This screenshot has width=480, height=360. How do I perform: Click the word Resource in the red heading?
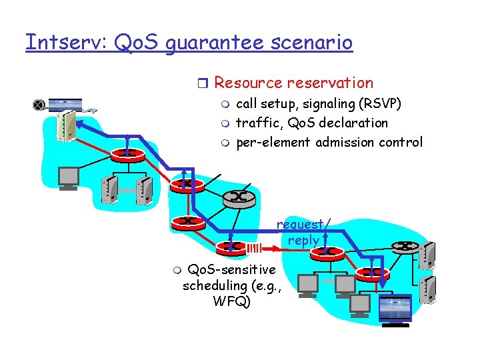click(248, 83)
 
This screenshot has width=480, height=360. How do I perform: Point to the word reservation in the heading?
click(330, 83)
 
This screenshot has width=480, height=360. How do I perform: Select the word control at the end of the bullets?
click(401, 142)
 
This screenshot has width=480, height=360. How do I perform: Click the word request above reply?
click(300, 225)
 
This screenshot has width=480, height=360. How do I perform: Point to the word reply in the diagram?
click(303, 240)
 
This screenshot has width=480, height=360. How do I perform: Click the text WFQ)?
click(231, 301)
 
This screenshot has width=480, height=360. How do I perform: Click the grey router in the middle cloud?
click(237, 196)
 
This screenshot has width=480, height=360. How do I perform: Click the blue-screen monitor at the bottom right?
click(395, 310)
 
